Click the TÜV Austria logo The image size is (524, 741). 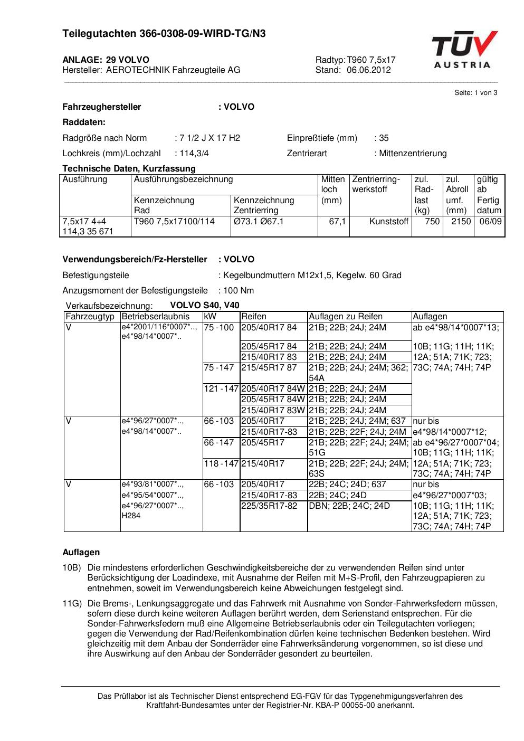pyautogui.click(x=464, y=50)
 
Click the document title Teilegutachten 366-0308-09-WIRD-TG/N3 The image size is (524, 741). pyautogui.click(x=164, y=34)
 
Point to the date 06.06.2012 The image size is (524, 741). pyautogui.click(x=369, y=70)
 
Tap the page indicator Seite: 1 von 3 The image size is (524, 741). pyautogui.click(x=475, y=93)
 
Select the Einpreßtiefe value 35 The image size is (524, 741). pyautogui.click(x=384, y=138)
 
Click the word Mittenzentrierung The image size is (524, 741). pyautogui.click(x=413, y=154)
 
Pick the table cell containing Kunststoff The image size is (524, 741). pyautogui.click(x=389, y=222)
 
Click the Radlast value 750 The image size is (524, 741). pyautogui.click(x=432, y=222)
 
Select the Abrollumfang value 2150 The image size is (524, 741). pyautogui.click(x=461, y=222)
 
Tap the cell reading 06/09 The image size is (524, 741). pyautogui.click(x=490, y=222)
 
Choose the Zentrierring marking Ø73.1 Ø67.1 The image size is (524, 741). pyautogui.click(x=259, y=222)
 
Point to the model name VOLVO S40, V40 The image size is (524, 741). pyautogui.click(x=205, y=306)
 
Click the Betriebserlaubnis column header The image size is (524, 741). pyautogui.click(x=155, y=317)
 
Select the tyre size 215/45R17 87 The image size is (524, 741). pyautogui.click(x=269, y=368)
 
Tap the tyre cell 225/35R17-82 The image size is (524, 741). pyautogui.click(x=269, y=506)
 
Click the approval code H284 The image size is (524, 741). pyautogui.click(x=131, y=516)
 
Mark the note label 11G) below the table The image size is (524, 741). pyautogui.click(x=71, y=604)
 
